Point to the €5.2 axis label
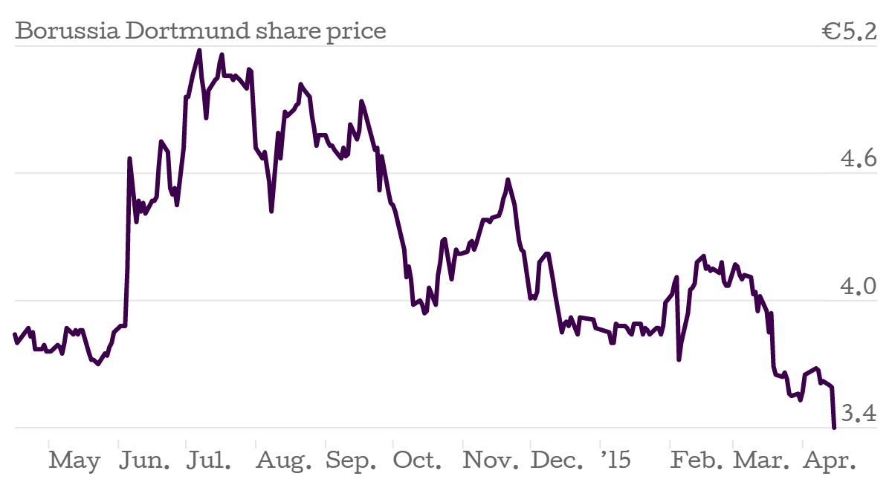[850, 32]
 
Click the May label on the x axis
[74, 461]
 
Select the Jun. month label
[145, 461]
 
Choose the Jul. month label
[208, 461]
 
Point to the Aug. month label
[284, 461]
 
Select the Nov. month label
[491, 461]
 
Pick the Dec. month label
[557, 461]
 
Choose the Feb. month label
[697, 461]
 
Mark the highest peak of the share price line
[199, 50]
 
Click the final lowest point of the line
[835, 427]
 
